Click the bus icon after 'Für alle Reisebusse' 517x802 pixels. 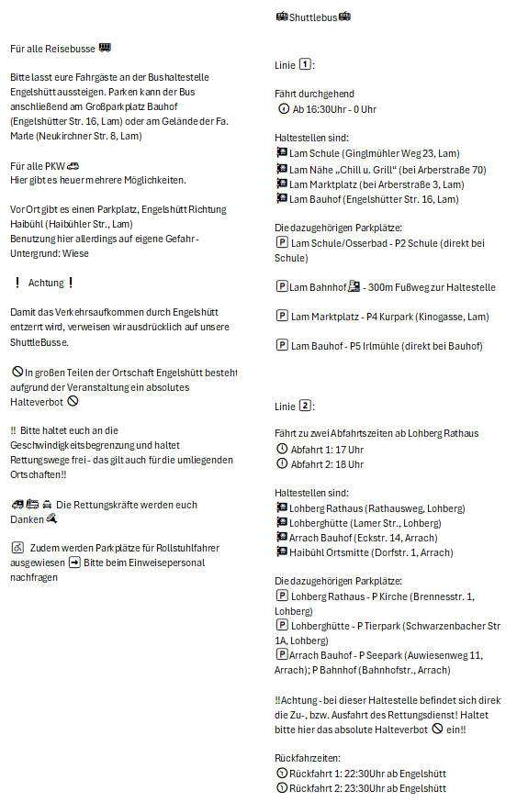pyautogui.click(x=105, y=48)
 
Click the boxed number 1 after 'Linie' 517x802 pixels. pyautogui.click(x=306, y=65)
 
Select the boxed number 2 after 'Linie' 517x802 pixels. pyautogui.click(x=306, y=406)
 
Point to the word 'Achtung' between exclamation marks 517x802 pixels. pyautogui.click(x=46, y=283)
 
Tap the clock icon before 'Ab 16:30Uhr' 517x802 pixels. pyautogui.click(x=282, y=109)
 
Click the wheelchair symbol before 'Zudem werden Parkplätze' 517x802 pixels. pyautogui.click(x=17, y=547)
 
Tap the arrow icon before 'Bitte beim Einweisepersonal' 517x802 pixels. pyautogui.click(x=74, y=562)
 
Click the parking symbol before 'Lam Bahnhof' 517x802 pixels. pyautogui.click(x=281, y=287)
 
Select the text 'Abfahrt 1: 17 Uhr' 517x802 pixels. pyautogui.click(x=326, y=450)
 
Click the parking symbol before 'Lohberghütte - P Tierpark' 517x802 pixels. pyautogui.click(x=281, y=626)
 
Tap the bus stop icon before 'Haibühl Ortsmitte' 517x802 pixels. pyautogui.click(x=281, y=551)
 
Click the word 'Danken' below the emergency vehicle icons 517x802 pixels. pyautogui.click(x=27, y=518)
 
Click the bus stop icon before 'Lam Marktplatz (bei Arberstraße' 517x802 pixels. pyautogui.click(x=281, y=184)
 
